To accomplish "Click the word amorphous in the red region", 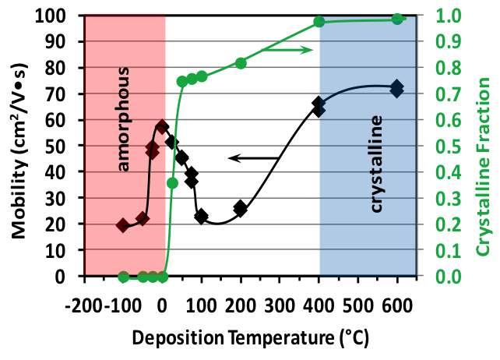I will pyautogui.click(x=124, y=119).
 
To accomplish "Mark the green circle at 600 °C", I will pyautogui.click(x=396, y=19).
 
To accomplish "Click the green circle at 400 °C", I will pyautogui.click(x=319, y=22).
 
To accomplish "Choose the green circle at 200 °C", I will pyautogui.click(x=241, y=63).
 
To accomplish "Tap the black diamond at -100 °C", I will pyautogui.click(x=123, y=224).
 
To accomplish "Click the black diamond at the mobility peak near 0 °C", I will pyautogui.click(x=162, y=127).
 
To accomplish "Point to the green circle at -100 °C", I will pyautogui.click(x=123, y=277).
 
